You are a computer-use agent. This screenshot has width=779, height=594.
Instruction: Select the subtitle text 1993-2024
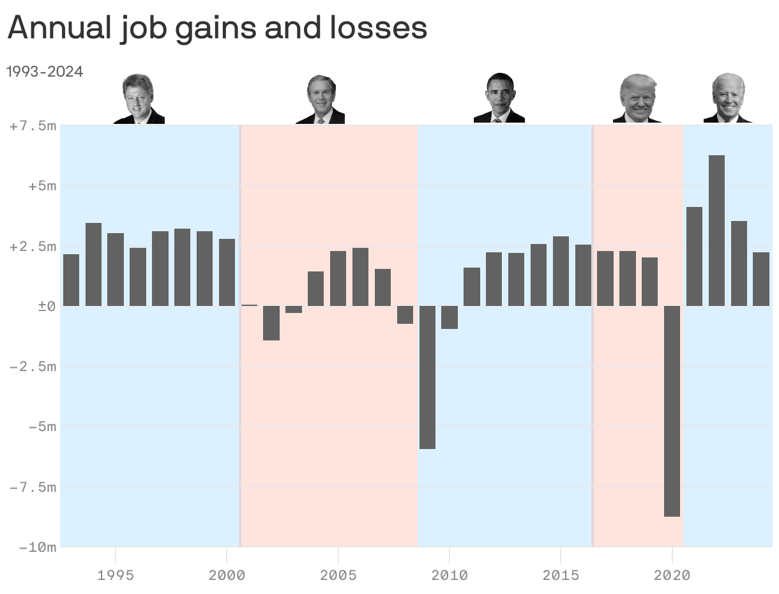45,72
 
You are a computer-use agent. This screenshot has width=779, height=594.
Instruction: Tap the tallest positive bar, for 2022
716,230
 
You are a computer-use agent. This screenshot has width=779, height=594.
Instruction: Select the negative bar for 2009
427,377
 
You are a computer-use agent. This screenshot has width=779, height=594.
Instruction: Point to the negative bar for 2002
271,323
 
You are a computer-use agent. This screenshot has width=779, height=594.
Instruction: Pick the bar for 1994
93,264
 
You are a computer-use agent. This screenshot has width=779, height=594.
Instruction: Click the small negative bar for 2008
405,315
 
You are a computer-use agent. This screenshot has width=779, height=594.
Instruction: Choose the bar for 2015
561,271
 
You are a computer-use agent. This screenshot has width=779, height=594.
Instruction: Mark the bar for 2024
761,278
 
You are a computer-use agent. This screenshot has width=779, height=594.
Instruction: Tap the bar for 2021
694,256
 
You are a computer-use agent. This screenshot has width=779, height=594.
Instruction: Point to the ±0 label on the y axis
47,307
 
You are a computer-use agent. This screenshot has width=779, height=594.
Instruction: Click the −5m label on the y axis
42,427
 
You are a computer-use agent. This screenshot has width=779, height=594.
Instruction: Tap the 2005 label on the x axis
338,575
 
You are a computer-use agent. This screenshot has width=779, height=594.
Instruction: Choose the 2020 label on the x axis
672,575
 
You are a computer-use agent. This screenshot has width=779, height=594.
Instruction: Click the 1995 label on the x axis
116,575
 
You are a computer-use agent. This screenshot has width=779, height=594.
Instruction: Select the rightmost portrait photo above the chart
728,98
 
